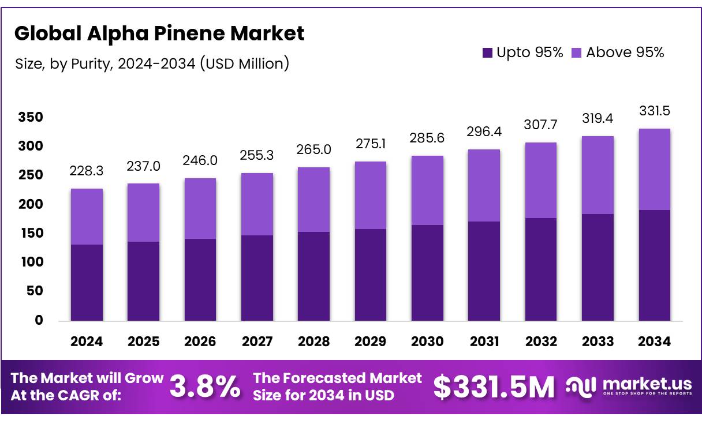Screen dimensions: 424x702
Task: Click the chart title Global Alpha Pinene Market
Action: (159, 33)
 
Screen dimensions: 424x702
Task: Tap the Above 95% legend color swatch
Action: (576, 52)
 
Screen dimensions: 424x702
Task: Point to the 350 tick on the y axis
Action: (31, 118)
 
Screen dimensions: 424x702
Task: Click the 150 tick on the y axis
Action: (31, 233)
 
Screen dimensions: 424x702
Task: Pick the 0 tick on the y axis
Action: (39, 321)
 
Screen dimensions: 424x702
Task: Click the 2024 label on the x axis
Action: (87, 342)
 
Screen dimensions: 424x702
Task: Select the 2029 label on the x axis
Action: (371, 342)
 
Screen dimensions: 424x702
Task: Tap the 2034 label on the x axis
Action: (655, 342)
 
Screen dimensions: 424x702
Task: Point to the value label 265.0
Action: (314, 149)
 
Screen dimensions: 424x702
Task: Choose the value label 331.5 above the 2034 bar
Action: (655, 111)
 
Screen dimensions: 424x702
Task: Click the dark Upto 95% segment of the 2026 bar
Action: (200, 280)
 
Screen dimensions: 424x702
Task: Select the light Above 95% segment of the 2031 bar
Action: (484, 185)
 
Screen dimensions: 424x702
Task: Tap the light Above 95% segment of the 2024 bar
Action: (87, 216)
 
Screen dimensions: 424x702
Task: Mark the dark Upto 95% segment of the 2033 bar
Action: (598, 267)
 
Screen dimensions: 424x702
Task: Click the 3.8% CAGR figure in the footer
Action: (205, 387)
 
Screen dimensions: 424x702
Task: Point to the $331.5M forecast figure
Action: (494, 387)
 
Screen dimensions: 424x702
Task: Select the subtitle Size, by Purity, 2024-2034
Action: (152, 63)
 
